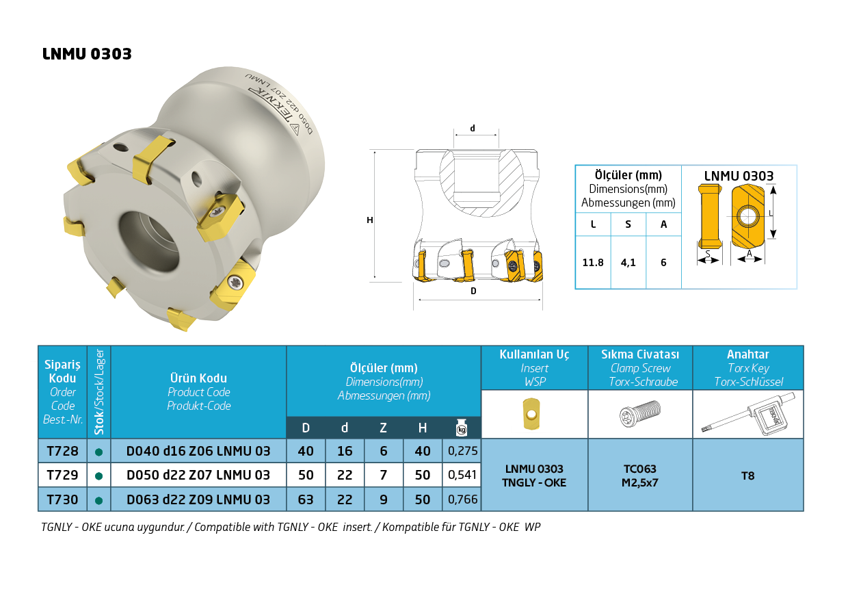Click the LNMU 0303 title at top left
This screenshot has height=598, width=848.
coord(87,55)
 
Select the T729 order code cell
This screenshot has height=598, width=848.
coord(62,475)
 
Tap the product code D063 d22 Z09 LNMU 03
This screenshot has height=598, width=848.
coord(198,499)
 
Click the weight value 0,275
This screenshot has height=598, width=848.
coord(462,451)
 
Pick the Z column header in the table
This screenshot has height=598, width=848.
coord(384,428)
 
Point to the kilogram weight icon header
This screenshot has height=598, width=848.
coord(462,428)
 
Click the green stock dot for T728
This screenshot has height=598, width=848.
coord(99,452)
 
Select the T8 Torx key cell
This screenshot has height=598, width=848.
coord(748,476)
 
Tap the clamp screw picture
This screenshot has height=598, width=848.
coord(639,414)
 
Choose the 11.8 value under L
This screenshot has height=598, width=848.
coord(593,263)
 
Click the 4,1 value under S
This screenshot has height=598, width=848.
coord(628,263)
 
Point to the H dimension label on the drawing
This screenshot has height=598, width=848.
coord(370,220)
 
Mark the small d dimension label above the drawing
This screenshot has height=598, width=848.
coord(472,128)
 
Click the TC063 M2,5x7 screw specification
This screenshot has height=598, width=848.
coord(640,476)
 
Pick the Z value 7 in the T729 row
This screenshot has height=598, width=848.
coord(384,475)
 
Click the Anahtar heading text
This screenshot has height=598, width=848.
coord(748,354)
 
